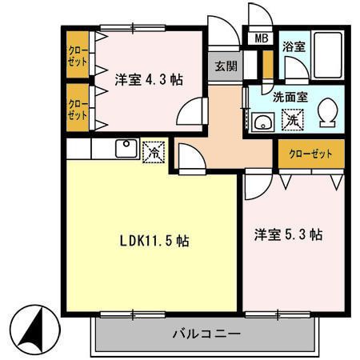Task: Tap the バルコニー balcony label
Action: pos(206,334)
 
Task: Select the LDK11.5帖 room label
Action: pos(154,241)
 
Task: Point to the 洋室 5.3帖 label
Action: pos(288,234)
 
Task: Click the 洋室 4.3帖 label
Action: pos(149,79)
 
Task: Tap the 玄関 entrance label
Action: pos(226,66)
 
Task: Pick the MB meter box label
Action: pos(261,38)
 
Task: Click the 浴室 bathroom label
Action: pos(294,47)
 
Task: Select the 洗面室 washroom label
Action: pos(290,98)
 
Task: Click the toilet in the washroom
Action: pos(328,113)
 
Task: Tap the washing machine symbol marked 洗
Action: pos(293,120)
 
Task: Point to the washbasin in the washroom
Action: pos(263,122)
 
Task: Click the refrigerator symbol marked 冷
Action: pos(154,152)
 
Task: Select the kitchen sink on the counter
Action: pos(126,148)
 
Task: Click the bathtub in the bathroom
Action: pos(328,55)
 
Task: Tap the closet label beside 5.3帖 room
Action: pos(310,154)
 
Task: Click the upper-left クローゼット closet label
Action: pos(78,55)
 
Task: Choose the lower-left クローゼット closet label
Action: pos(78,109)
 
